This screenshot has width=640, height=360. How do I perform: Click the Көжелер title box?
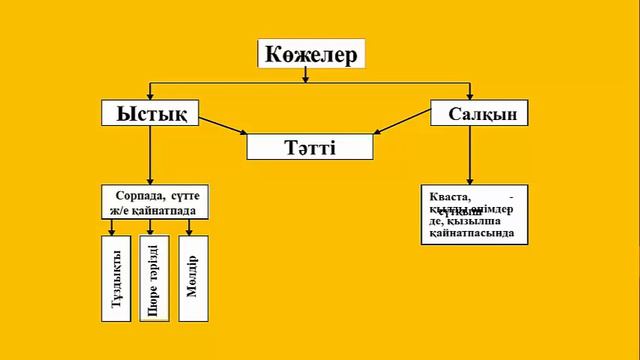tap(311, 54)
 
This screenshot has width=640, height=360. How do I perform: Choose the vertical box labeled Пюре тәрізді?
tap(153, 279)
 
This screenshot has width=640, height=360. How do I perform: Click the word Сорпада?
tap(132, 196)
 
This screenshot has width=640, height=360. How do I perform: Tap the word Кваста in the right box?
tap(444, 196)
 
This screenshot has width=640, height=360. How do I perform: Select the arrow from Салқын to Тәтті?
tap(401, 124)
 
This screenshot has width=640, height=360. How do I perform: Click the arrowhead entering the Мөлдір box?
tap(190, 231)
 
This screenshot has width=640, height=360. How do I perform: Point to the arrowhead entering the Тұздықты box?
tap(111, 231)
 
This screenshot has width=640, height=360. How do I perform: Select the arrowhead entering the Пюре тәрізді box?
tap(150, 231)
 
